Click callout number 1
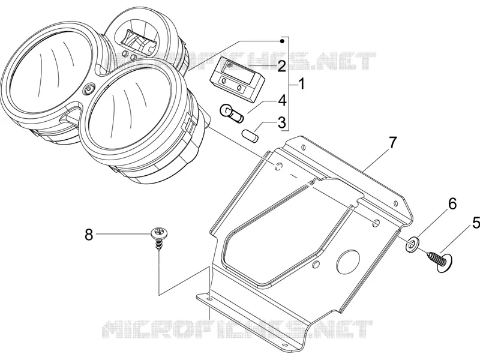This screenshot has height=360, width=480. [302, 84]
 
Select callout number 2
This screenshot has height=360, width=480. [281, 66]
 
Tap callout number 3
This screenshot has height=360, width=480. [281, 122]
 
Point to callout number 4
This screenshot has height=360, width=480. [282, 101]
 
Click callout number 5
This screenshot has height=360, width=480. [475, 223]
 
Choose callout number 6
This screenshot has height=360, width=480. [452, 203]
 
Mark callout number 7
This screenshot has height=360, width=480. [392, 142]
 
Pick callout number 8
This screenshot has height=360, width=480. [89, 235]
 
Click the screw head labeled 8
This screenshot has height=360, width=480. [158, 232]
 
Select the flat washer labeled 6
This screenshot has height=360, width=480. [413, 244]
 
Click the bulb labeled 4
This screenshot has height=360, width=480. [232, 113]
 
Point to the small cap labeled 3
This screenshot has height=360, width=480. [250, 136]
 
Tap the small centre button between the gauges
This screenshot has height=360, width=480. [89, 89]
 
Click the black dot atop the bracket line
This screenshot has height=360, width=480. [283, 41]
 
